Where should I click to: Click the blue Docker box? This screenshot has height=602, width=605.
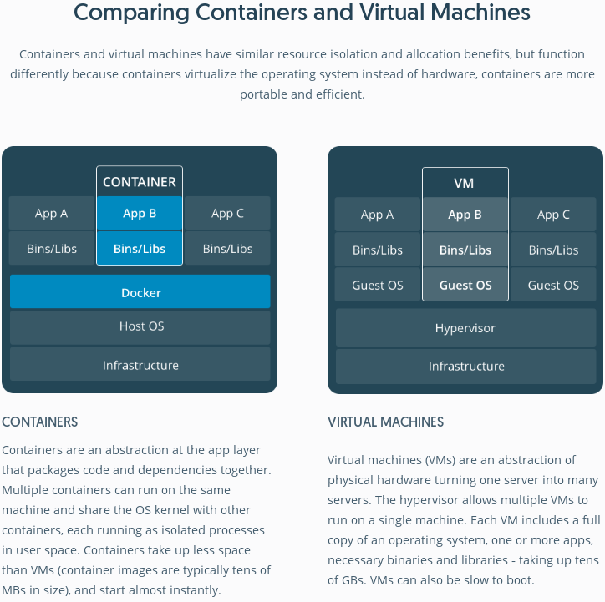(140, 292)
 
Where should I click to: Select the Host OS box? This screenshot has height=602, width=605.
(140, 326)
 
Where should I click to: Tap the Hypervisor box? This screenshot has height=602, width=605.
(465, 328)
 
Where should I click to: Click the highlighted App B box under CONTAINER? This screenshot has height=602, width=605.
(140, 214)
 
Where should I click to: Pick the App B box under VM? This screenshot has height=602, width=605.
(465, 215)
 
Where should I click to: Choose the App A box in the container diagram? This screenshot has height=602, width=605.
(51, 214)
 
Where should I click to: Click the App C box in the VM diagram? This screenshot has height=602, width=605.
(553, 215)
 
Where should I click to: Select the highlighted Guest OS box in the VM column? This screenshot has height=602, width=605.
(465, 285)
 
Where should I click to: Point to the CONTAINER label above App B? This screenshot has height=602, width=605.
(140, 182)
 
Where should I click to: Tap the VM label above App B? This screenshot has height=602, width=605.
(465, 183)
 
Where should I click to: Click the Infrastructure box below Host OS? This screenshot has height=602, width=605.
(140, 365)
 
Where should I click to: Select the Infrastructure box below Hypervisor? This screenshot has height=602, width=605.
(465, 366)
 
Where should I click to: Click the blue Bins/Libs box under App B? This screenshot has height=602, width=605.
(140, 249)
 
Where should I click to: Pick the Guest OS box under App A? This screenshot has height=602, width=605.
(377, 285)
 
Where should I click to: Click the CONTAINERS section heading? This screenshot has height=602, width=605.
(40, 422)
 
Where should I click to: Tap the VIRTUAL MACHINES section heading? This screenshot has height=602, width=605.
(386, 422)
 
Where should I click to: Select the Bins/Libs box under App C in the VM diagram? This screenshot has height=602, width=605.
(553, 250)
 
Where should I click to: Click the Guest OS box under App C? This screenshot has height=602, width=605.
(553, 285)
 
